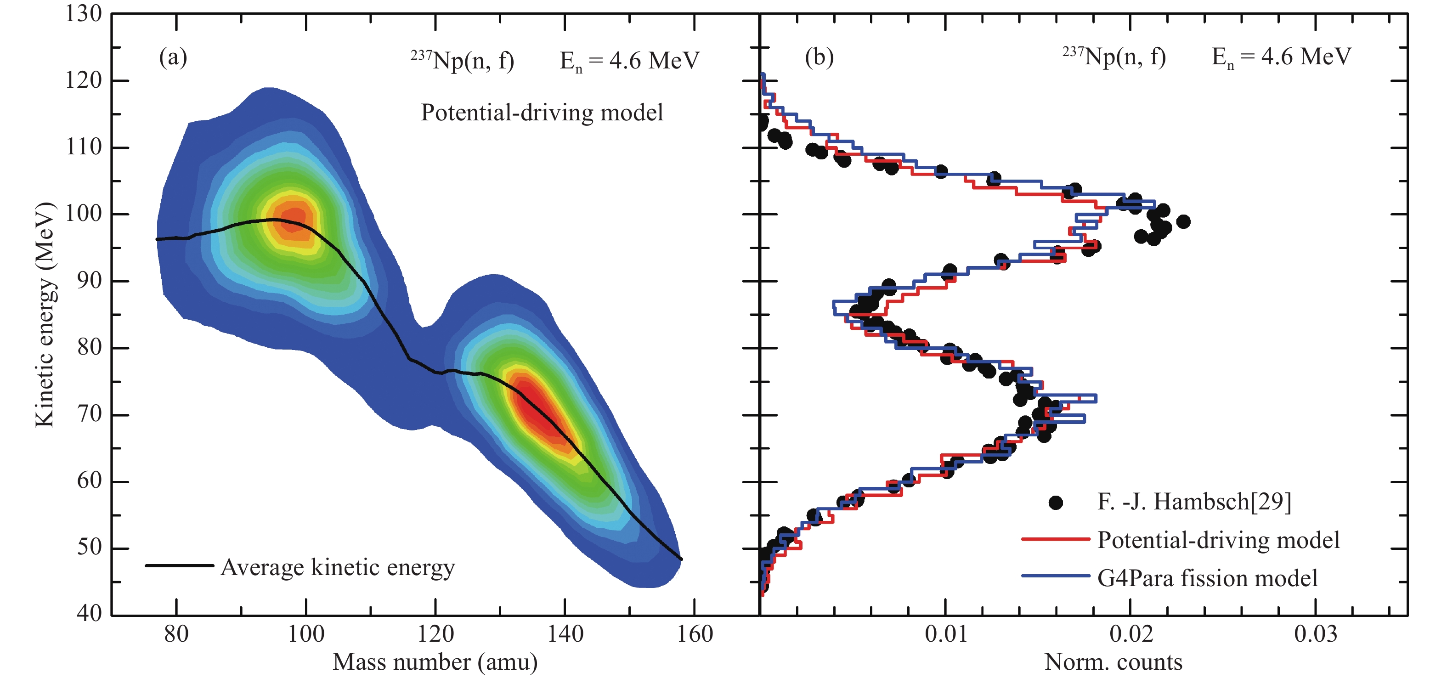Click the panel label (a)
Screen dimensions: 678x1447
[x=173, y=57]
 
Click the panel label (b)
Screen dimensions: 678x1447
[x=819, y=57]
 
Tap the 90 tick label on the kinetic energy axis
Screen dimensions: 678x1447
[x=89, y=280]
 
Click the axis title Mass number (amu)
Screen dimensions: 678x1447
[x=435, y=662]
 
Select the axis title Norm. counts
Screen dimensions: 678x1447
[x=1114, y=662]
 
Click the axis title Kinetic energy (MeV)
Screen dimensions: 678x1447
[x=45, y=315]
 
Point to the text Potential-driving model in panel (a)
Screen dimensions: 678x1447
[x=542, y=113]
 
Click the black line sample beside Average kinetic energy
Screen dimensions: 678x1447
[x=179, y=565]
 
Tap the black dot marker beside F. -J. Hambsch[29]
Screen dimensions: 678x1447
[x=1056, y=503]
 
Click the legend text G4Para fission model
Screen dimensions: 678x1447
[x=1207, y=578]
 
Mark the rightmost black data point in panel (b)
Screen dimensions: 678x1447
[x=1183, y=221]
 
